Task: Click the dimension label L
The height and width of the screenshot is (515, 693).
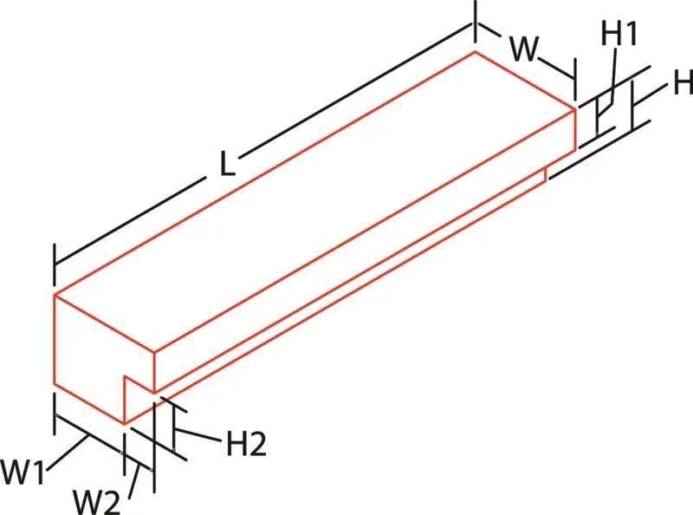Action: [x=227, y=163]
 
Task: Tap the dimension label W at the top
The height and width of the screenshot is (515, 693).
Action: [x=525, y=49]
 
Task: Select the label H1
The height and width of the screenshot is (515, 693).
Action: [x=619, y=33]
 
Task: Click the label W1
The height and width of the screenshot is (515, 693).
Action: [x=23, y=472]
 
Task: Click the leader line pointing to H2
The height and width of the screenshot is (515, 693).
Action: [x=198, y=435]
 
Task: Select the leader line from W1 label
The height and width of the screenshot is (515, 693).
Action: [x=67, y=453]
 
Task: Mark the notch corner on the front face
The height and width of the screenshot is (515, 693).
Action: [x=125, y=376]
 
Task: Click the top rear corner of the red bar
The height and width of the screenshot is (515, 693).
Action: [x=476, y=52]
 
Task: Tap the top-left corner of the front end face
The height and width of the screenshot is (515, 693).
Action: [x=55, y=294]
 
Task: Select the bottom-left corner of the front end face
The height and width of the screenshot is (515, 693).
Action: [x=55, y=384]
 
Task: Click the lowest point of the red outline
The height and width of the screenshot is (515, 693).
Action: [x=125, y=424]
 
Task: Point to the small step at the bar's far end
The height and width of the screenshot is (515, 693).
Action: [x=547, y=174]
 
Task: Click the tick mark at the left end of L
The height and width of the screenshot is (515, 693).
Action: [x=55, y=265]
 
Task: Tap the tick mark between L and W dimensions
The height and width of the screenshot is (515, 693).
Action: [x=476, y=21]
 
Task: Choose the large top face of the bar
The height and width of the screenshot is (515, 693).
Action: [x=314, y=202]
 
